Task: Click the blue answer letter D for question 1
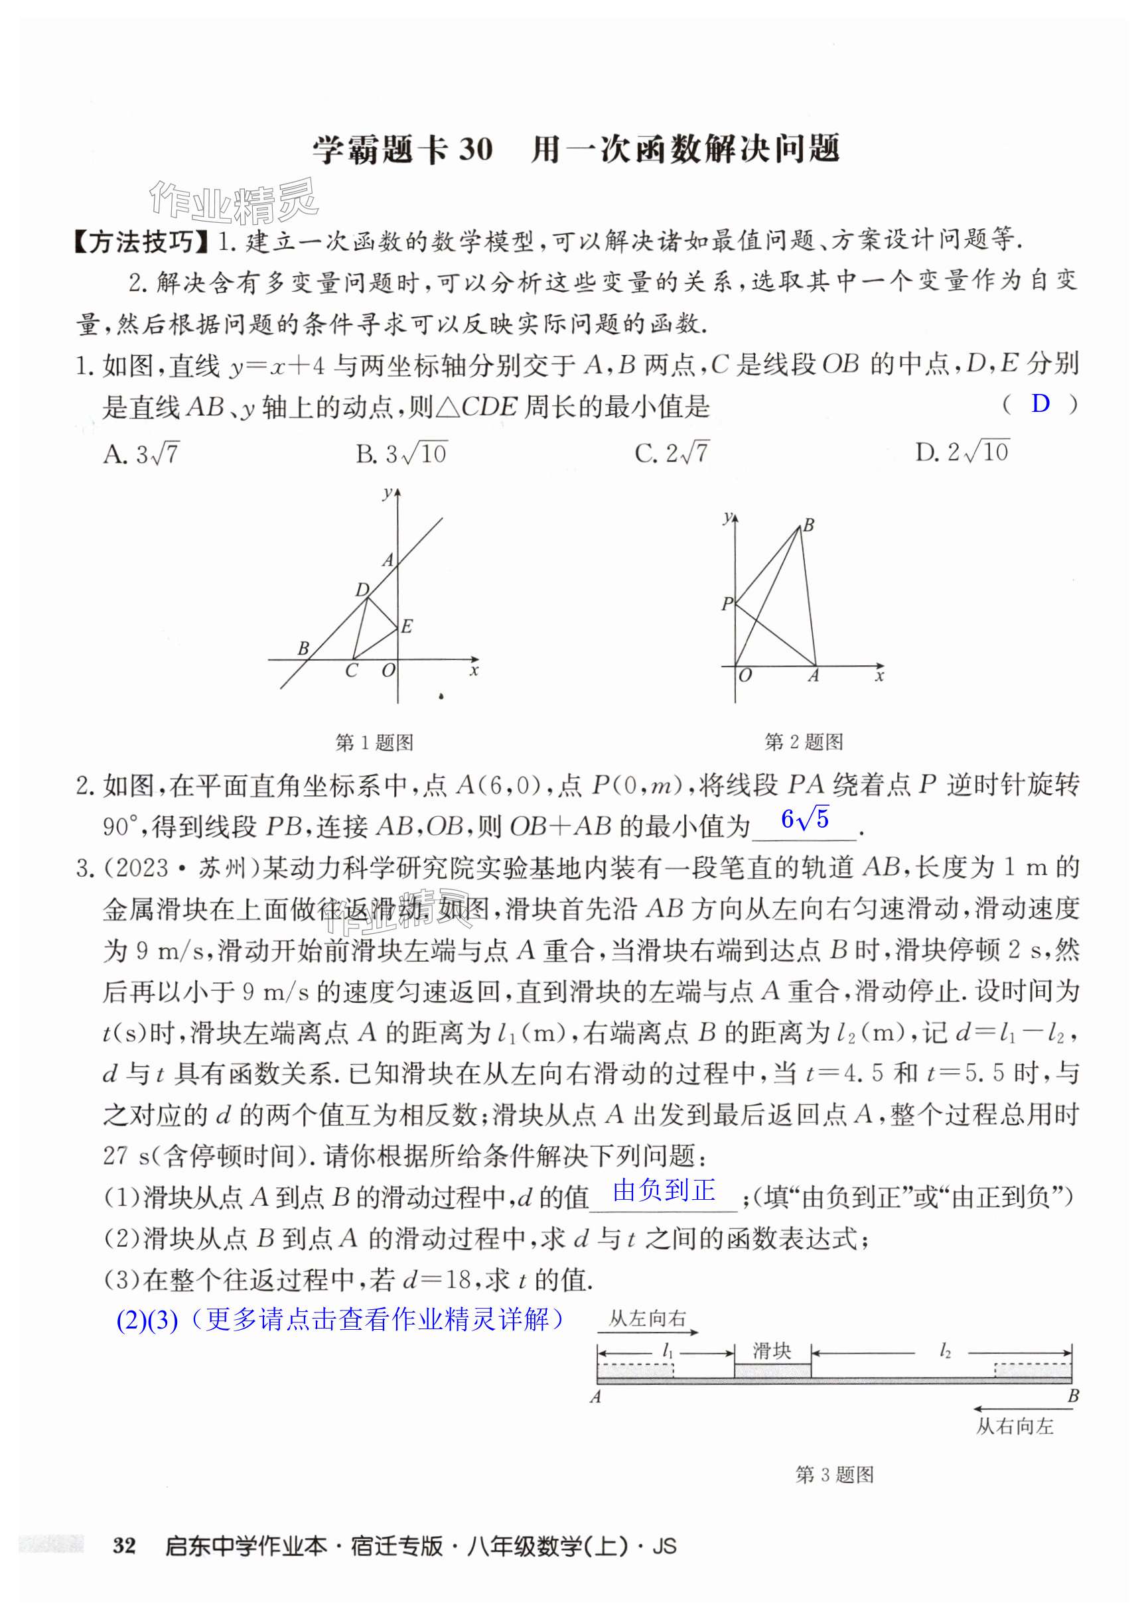click(x=1040, y=404)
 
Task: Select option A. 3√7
click(x=141, y=453)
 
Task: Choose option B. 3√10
click(x=401, y=453)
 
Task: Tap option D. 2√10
click(x=962, y=452)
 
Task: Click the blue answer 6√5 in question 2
click(x=804, y=819)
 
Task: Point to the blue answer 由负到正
click(x=664, y=1191)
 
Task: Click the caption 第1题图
click(x=374, y=743)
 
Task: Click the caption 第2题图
click(x=804, y=742)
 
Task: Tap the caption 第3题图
click(x=834, y=1474)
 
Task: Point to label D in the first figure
click(x=362, y=590)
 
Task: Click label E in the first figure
click(x=407, y=626)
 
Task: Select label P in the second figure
click(x=727, y=604)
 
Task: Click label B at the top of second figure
click(x=809, y=525)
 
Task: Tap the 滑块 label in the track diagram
click(x=771, y=1351)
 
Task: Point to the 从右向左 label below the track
click(x=1015, y=1427)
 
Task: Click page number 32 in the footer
click(x=123, y=1545)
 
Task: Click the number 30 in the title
click(x=475, y=150)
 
